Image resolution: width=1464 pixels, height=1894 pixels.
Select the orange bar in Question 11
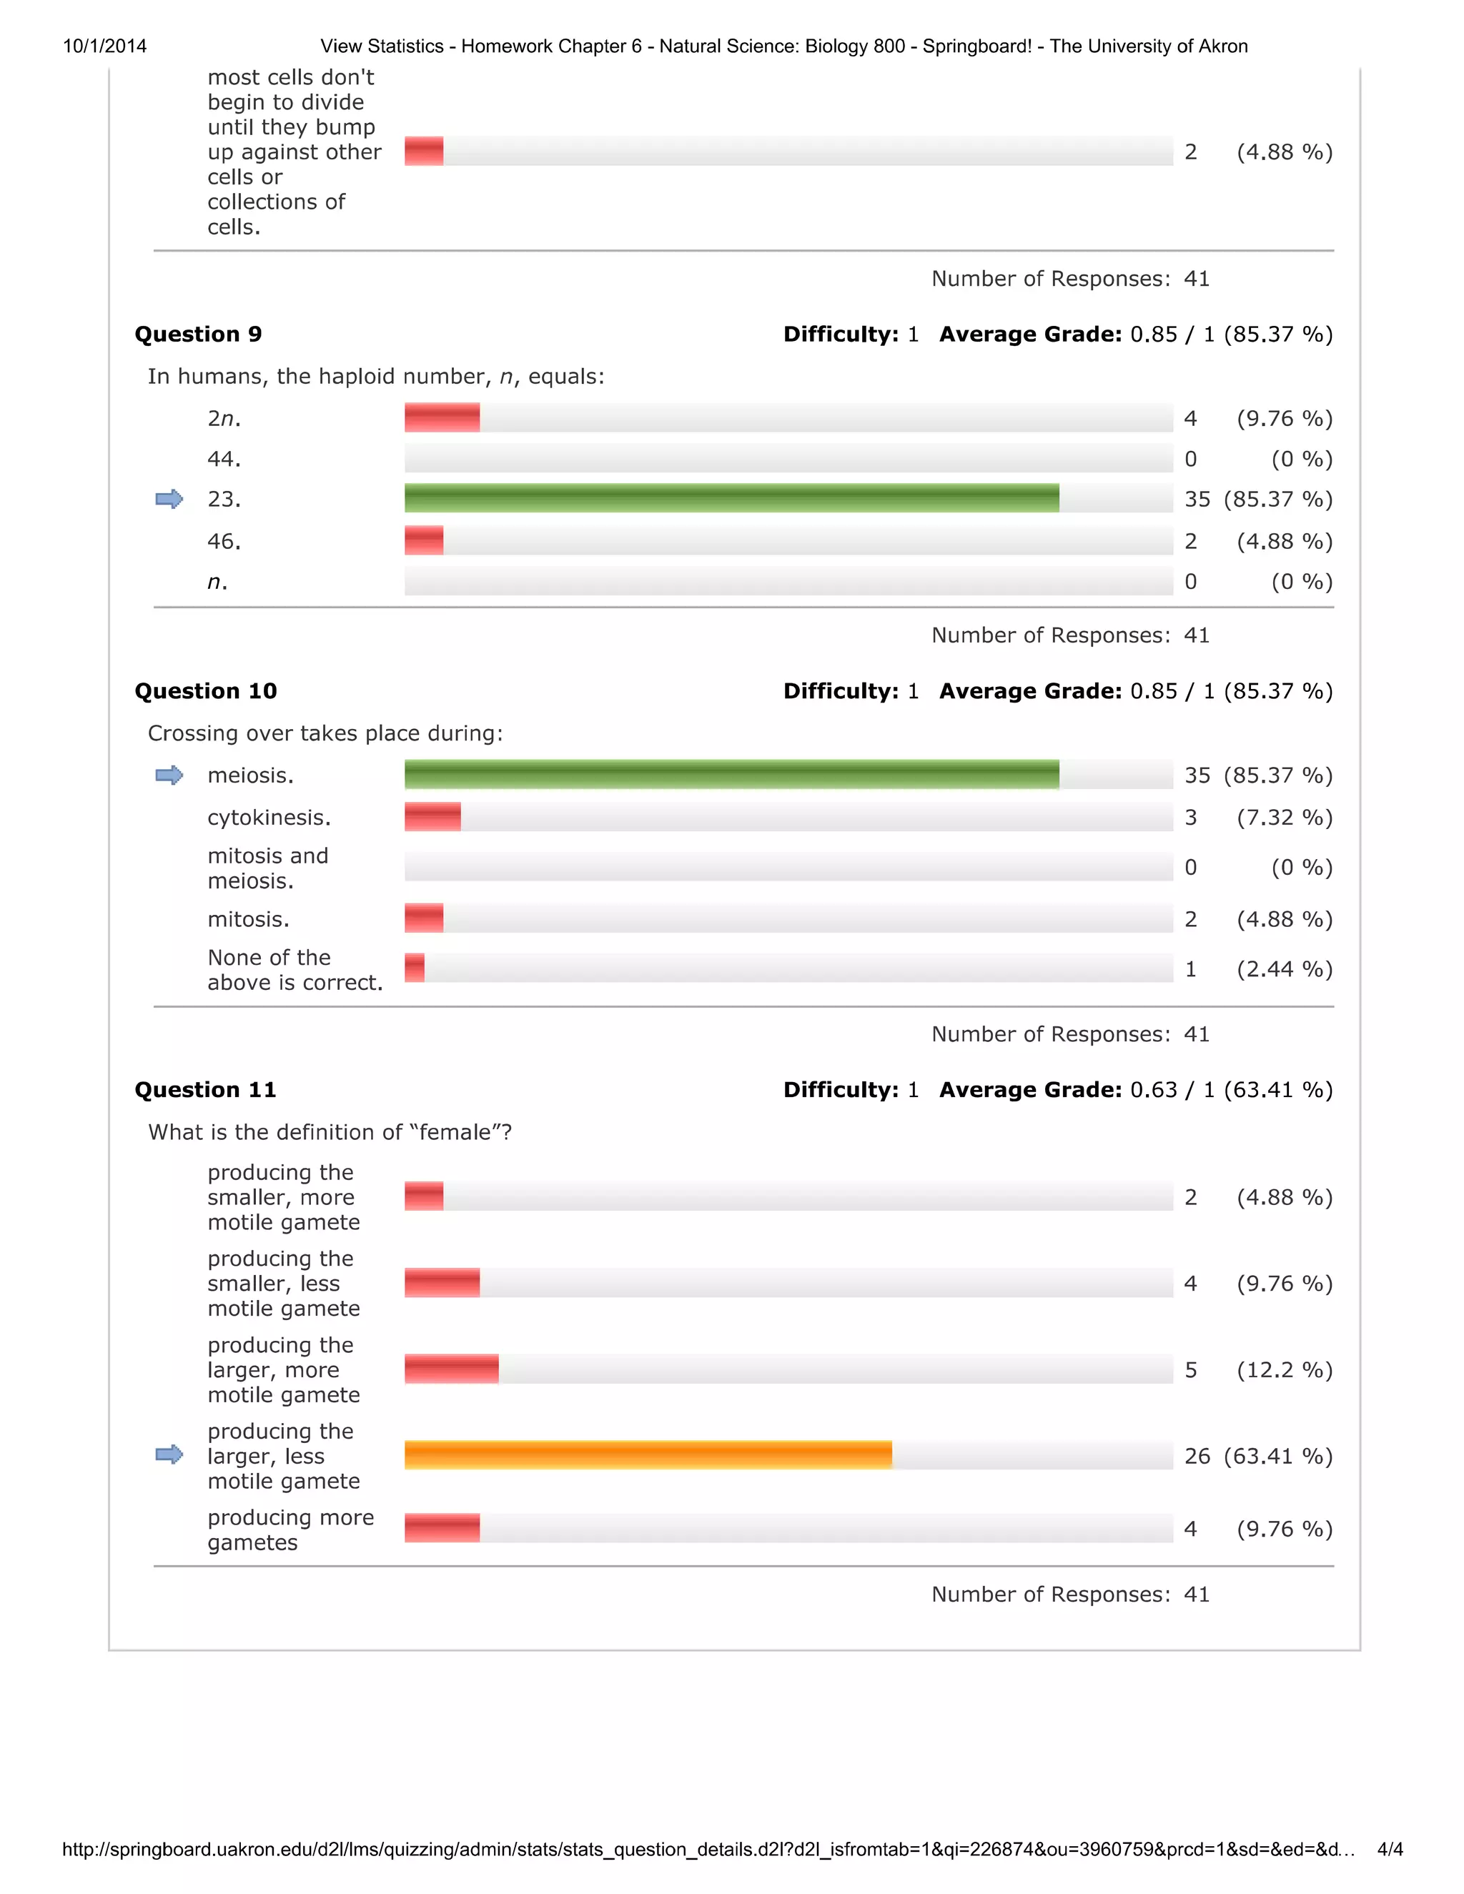pyautogui.click(x=648, y=1454)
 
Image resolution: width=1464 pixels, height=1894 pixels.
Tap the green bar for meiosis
pyautogui.click(x=731, y=775)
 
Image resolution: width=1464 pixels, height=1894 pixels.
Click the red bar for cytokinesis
pyautogui.click(x=432, y=817)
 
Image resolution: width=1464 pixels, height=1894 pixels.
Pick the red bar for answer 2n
pyautogui.click(x=442, y=417)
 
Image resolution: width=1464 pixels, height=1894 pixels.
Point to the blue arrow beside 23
pyautogui.click(x=169, y=499)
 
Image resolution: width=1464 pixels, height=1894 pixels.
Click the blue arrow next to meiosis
pyautogui.click(x=169, y=775)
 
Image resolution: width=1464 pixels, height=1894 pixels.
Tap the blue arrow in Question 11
pyautogui.click(x=169, y=1454)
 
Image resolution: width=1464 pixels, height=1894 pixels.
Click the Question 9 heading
pyautogui.click(x=198, y=334)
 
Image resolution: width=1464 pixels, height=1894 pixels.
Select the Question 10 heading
pyautogui.click(x=206, y=690)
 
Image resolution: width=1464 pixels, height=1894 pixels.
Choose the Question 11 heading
pyautogui.click(x=206, y=1089)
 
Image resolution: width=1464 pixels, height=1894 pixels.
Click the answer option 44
pyautogui.click(x=224, y=459)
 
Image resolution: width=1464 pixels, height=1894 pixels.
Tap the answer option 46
pyautogui.click(x=224, y=541)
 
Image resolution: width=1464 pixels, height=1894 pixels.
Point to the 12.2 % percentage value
pyautogui.click(x=1285, y=1369)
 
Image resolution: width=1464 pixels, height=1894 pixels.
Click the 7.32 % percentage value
pyautogui.click(x=1285, y=817)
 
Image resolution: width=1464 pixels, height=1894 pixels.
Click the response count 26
pyautogui.click(x=1197, y=1455)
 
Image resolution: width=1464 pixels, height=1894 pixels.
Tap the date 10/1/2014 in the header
pyautogui.click(x=105, y=46)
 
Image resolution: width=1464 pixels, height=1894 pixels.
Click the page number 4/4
pyautogui.click(x=1390, y=1849)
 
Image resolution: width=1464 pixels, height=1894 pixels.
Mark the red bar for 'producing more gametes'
pyautogui.click(x=442, y=1528)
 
